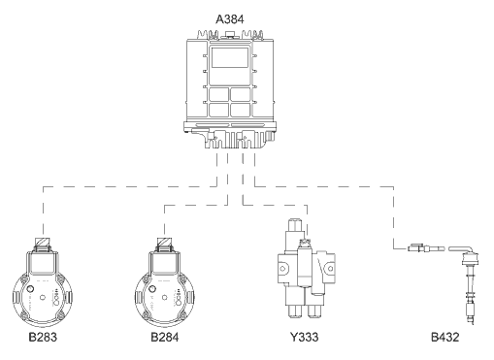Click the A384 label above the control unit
pos(230,19)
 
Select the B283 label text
pos(43,337)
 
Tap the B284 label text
pos(165,337)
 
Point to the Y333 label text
pos(304,337)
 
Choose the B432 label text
pos(445,337)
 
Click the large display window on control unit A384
pos(230,57)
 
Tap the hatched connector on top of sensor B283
pos(43,243)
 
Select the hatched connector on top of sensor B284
pos(165,243)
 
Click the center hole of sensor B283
pos(43,298)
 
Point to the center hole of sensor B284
pos(164,298)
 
